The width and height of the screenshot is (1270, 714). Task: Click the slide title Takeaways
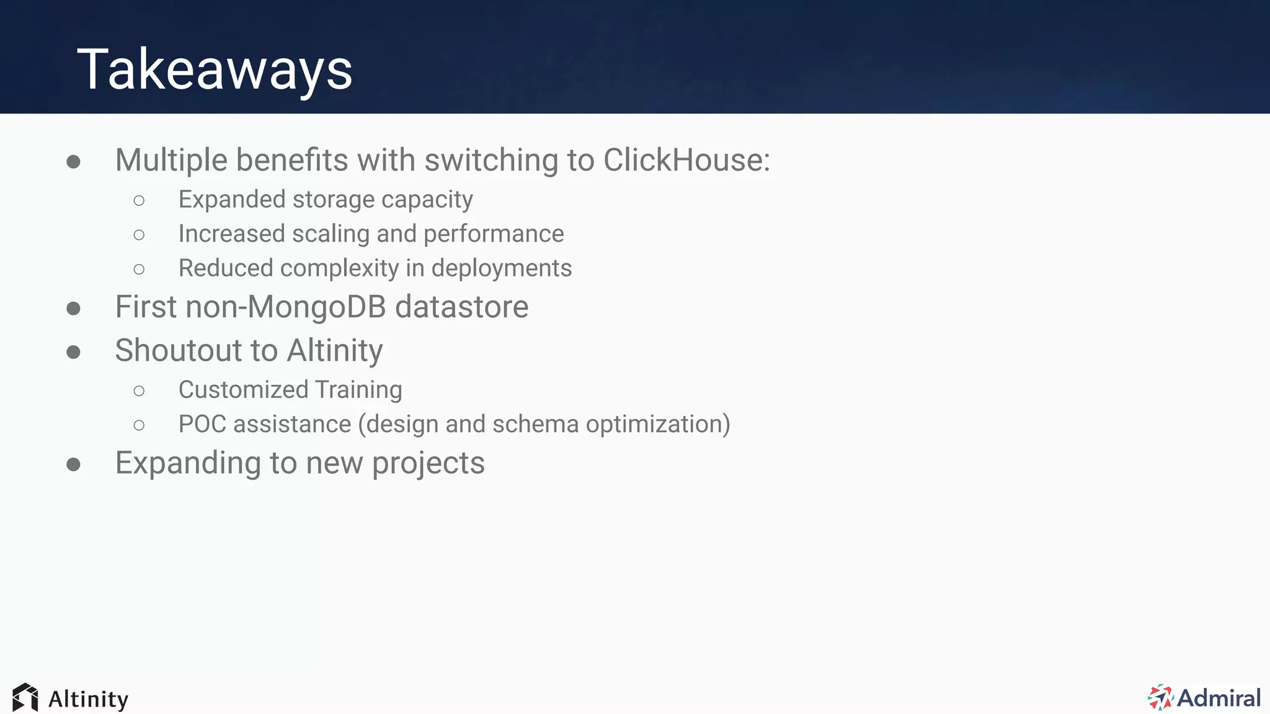click(x=215, y=69)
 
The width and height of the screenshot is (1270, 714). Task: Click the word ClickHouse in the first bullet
click(x=686, y=160)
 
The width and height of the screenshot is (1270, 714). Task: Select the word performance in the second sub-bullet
click(x=494, y=234)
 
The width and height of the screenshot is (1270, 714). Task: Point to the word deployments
click(x=501, y=268)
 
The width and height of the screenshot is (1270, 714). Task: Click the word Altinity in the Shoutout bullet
click(x=335, y=350)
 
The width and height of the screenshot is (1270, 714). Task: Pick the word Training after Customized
click(x=358, y=390)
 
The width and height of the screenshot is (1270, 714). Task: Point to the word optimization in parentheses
click(x=657, y=425)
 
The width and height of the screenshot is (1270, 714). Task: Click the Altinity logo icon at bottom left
click(x=25, y=698)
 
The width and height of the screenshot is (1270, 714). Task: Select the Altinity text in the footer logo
click(x=88, y=699)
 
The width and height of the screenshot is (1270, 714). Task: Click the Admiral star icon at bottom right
click(x=1160, y=698)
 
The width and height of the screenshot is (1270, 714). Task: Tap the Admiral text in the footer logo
click(x=1219, y=698)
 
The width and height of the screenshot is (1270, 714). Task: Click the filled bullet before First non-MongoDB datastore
click(x=73, y=308)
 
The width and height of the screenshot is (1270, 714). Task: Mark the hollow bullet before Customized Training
click(x=139, y=390)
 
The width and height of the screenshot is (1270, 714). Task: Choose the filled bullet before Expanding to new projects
click(x=73, y=464)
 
